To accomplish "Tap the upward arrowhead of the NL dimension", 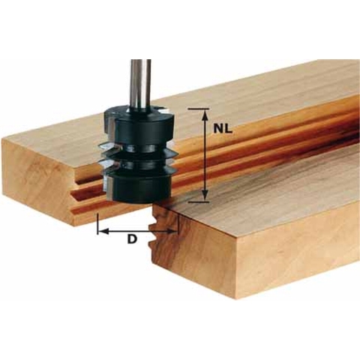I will pyautogui.click(x=205, y=112).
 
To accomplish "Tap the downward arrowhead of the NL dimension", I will pyautogui.click(x=205, y=196).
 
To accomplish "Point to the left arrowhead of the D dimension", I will pyautogui.click(x=102, y=232).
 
